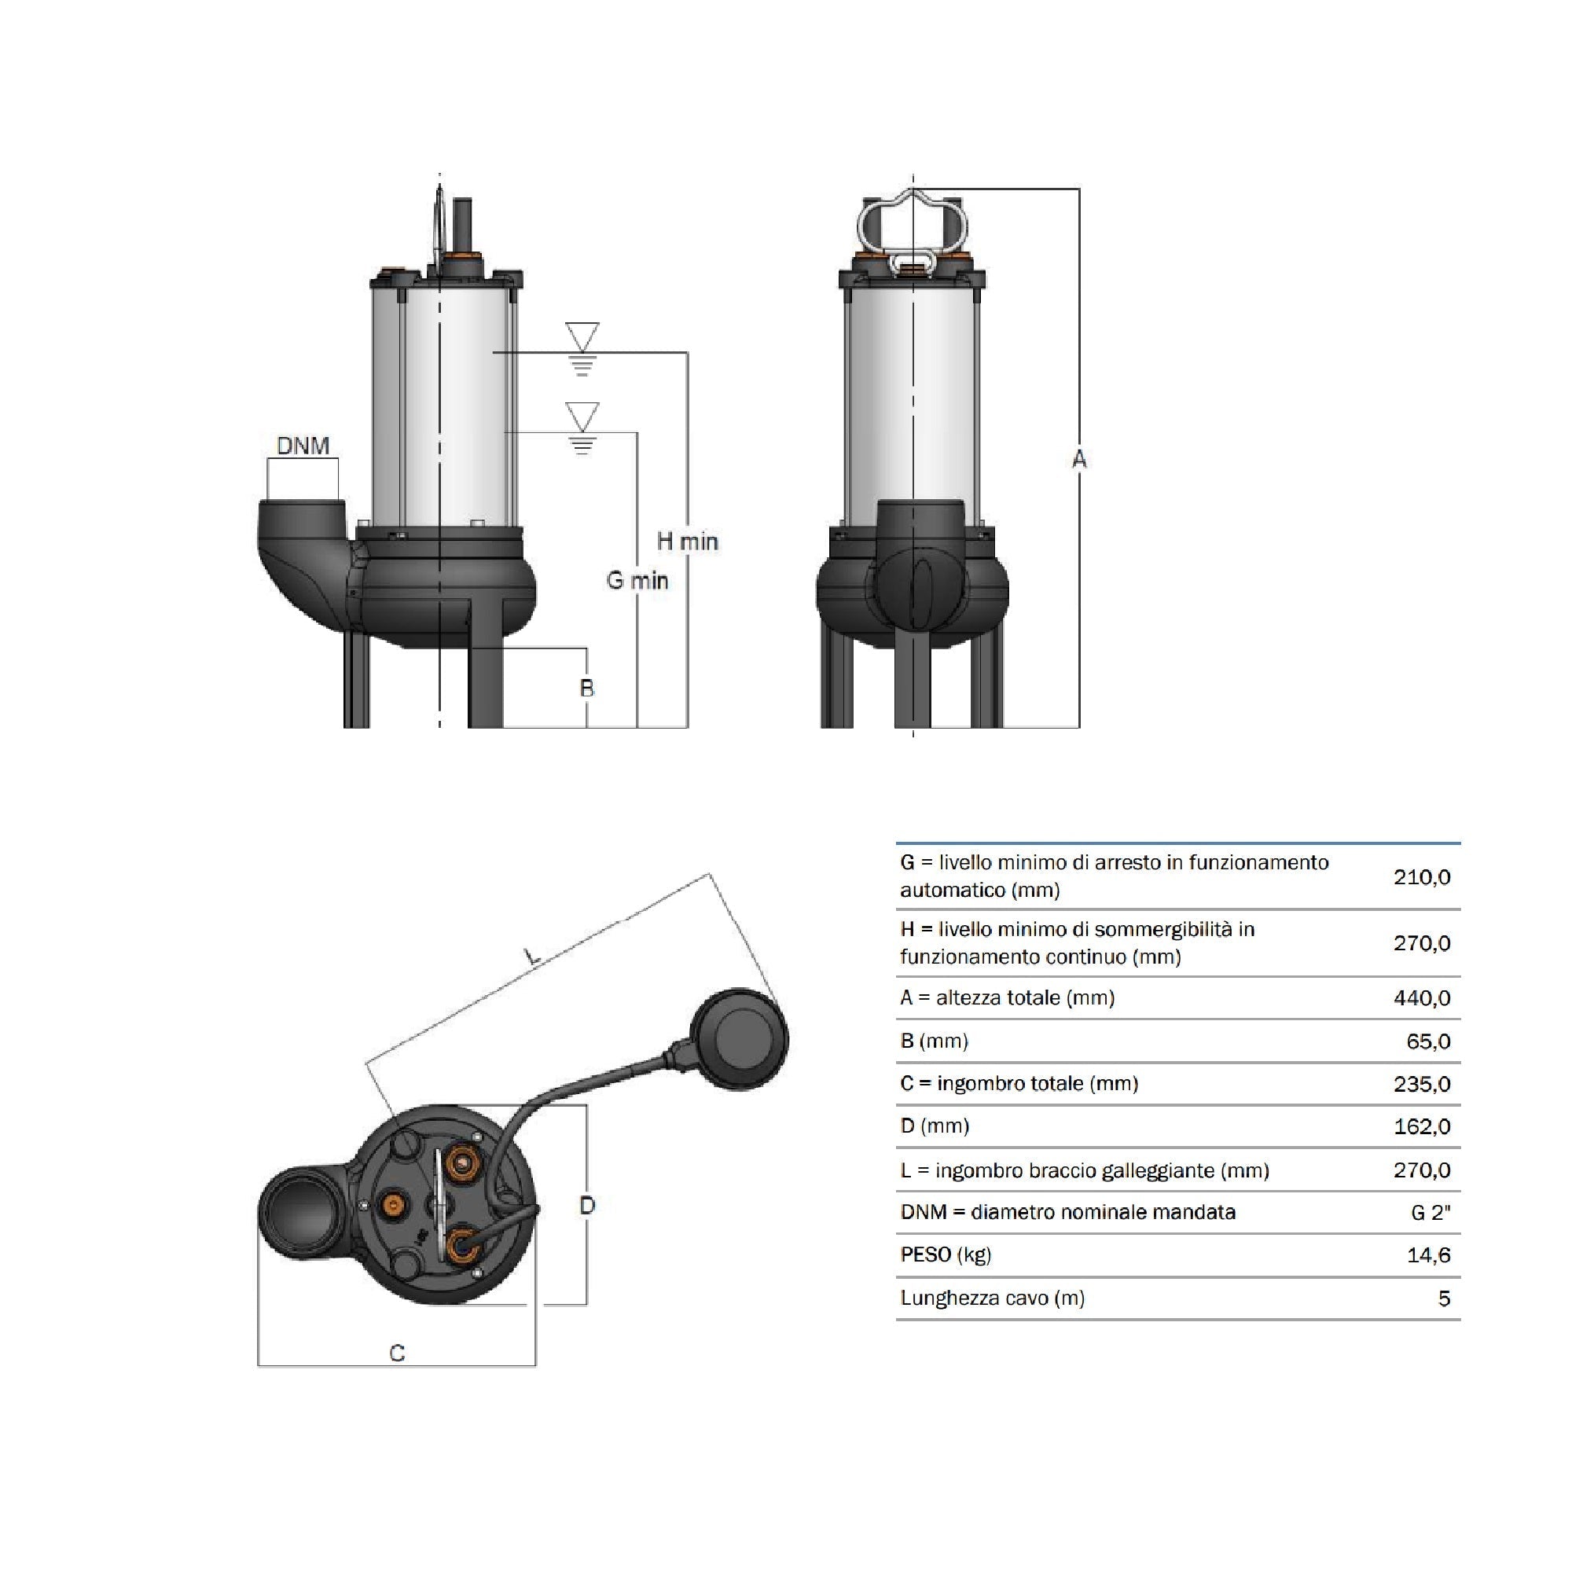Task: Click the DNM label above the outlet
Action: point(303,446)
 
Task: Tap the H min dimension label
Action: point(687,541)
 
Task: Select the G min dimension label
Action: point(637,580)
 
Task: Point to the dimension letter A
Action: point(1079,460)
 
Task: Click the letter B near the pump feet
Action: point(586,689)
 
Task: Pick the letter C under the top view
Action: point(397,1353)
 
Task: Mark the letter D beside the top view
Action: point(587,1205)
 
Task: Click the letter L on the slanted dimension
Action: point(532,957)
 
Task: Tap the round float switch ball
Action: point(739,1038)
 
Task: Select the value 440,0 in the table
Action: point(1421,998)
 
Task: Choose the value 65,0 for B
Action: point(1428,1041)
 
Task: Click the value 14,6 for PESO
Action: point(1428,1255)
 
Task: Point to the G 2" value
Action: point(1431,1213)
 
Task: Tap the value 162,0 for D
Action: point(1421,1127)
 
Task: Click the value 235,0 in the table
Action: point(1421,1084)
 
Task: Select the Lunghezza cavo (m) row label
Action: point(992,1298)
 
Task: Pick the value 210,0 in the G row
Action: point(1421,877)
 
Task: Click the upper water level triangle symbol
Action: point(582,336)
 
